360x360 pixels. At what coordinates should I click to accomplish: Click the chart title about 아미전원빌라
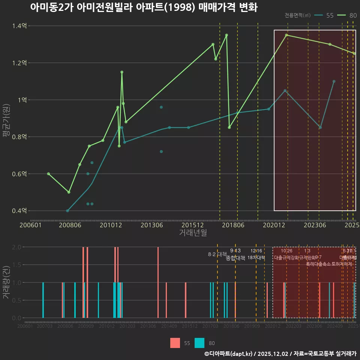tap(144, 8)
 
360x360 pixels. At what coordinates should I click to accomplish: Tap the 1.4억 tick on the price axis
tap(22, 26)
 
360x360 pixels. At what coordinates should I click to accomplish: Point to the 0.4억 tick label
tap(22, 211)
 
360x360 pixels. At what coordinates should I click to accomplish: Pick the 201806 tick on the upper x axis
tap(232, 225)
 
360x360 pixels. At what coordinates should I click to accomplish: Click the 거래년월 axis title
tap(193, 233)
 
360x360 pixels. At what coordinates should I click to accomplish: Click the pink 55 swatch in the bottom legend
tap(175, 343)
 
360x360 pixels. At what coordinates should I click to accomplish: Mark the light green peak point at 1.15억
tap(122, 72)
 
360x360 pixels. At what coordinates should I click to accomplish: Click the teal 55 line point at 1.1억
tap(334, 81)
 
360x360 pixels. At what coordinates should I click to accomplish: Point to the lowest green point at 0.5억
tap(69, 192)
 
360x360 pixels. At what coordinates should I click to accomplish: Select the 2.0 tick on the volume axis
tap(16, 247)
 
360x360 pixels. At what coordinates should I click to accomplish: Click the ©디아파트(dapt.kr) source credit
tap(228, 354)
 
